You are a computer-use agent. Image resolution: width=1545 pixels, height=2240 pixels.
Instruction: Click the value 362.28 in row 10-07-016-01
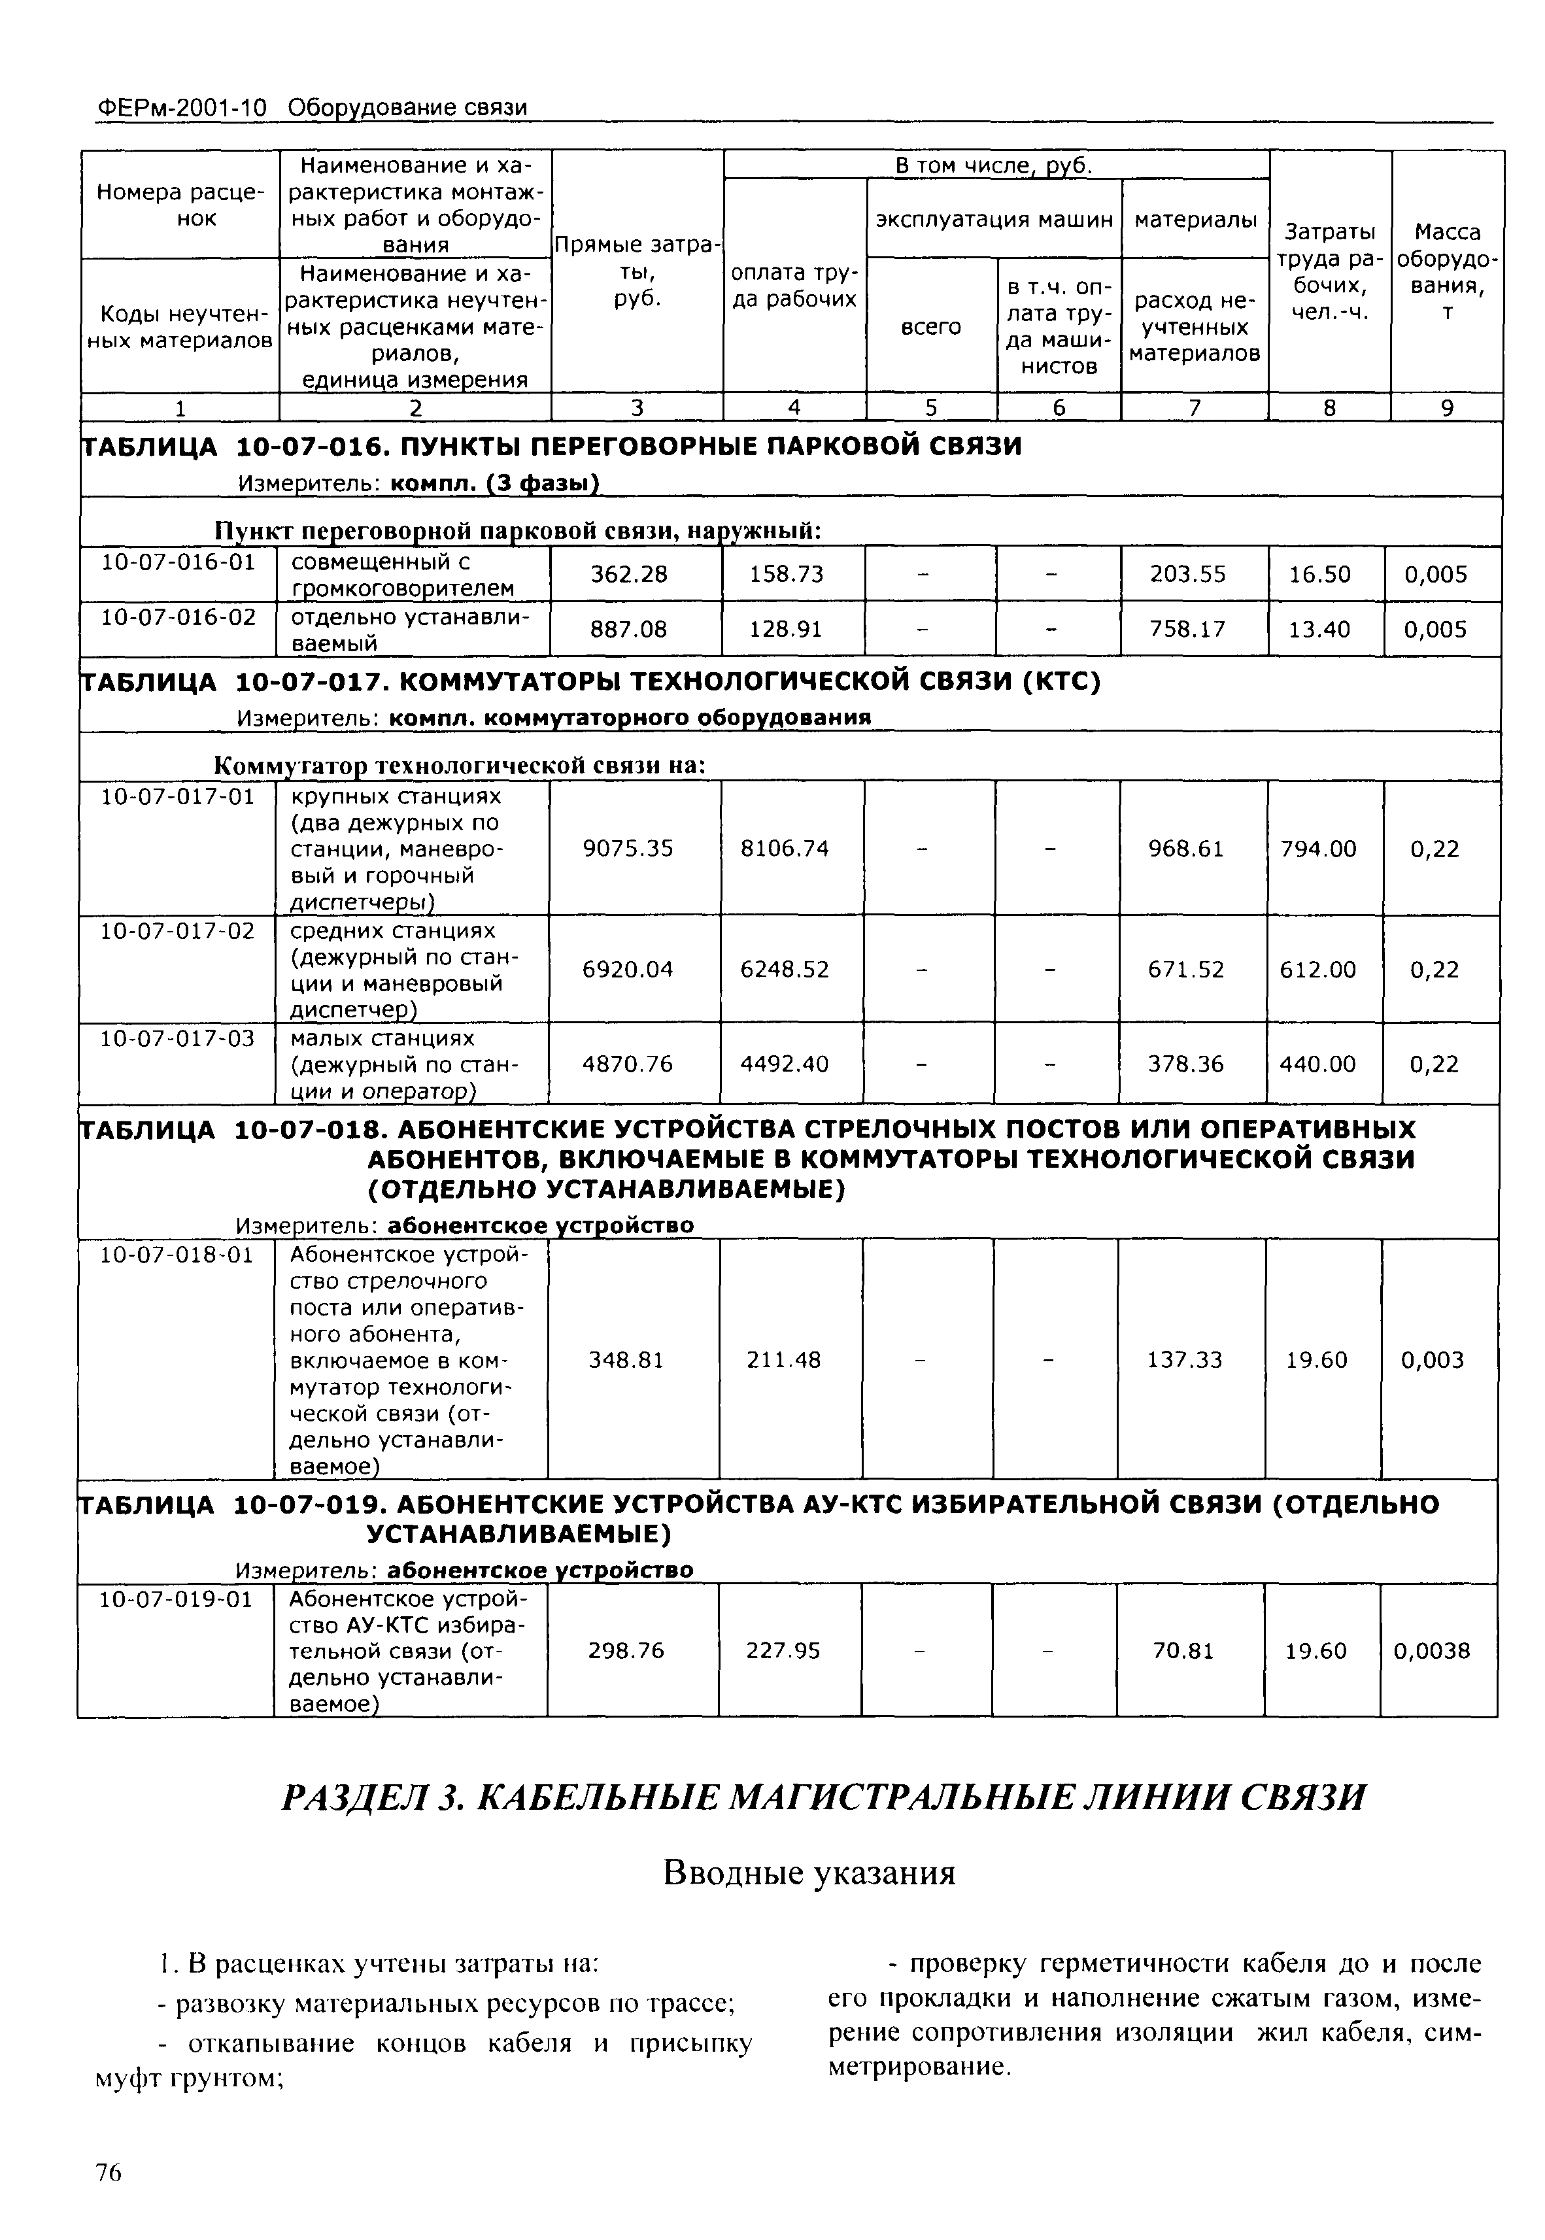629,574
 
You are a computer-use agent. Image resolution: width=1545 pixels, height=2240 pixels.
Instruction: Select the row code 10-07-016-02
178,617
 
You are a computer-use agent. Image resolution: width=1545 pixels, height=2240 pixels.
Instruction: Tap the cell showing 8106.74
784,848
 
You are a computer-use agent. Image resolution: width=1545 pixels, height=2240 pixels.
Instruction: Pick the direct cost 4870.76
626,1064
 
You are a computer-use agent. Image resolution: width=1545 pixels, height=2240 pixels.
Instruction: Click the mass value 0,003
1432,1360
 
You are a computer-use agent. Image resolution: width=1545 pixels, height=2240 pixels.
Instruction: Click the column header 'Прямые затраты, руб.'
636,272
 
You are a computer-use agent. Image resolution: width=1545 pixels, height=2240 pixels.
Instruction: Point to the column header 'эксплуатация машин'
993,220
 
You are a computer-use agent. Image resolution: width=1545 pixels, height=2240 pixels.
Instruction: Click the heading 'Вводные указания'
809,1873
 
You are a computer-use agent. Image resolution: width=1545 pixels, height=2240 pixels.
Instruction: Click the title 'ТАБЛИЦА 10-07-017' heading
590,683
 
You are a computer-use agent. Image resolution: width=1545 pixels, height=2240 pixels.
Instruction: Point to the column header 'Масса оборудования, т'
1446,272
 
